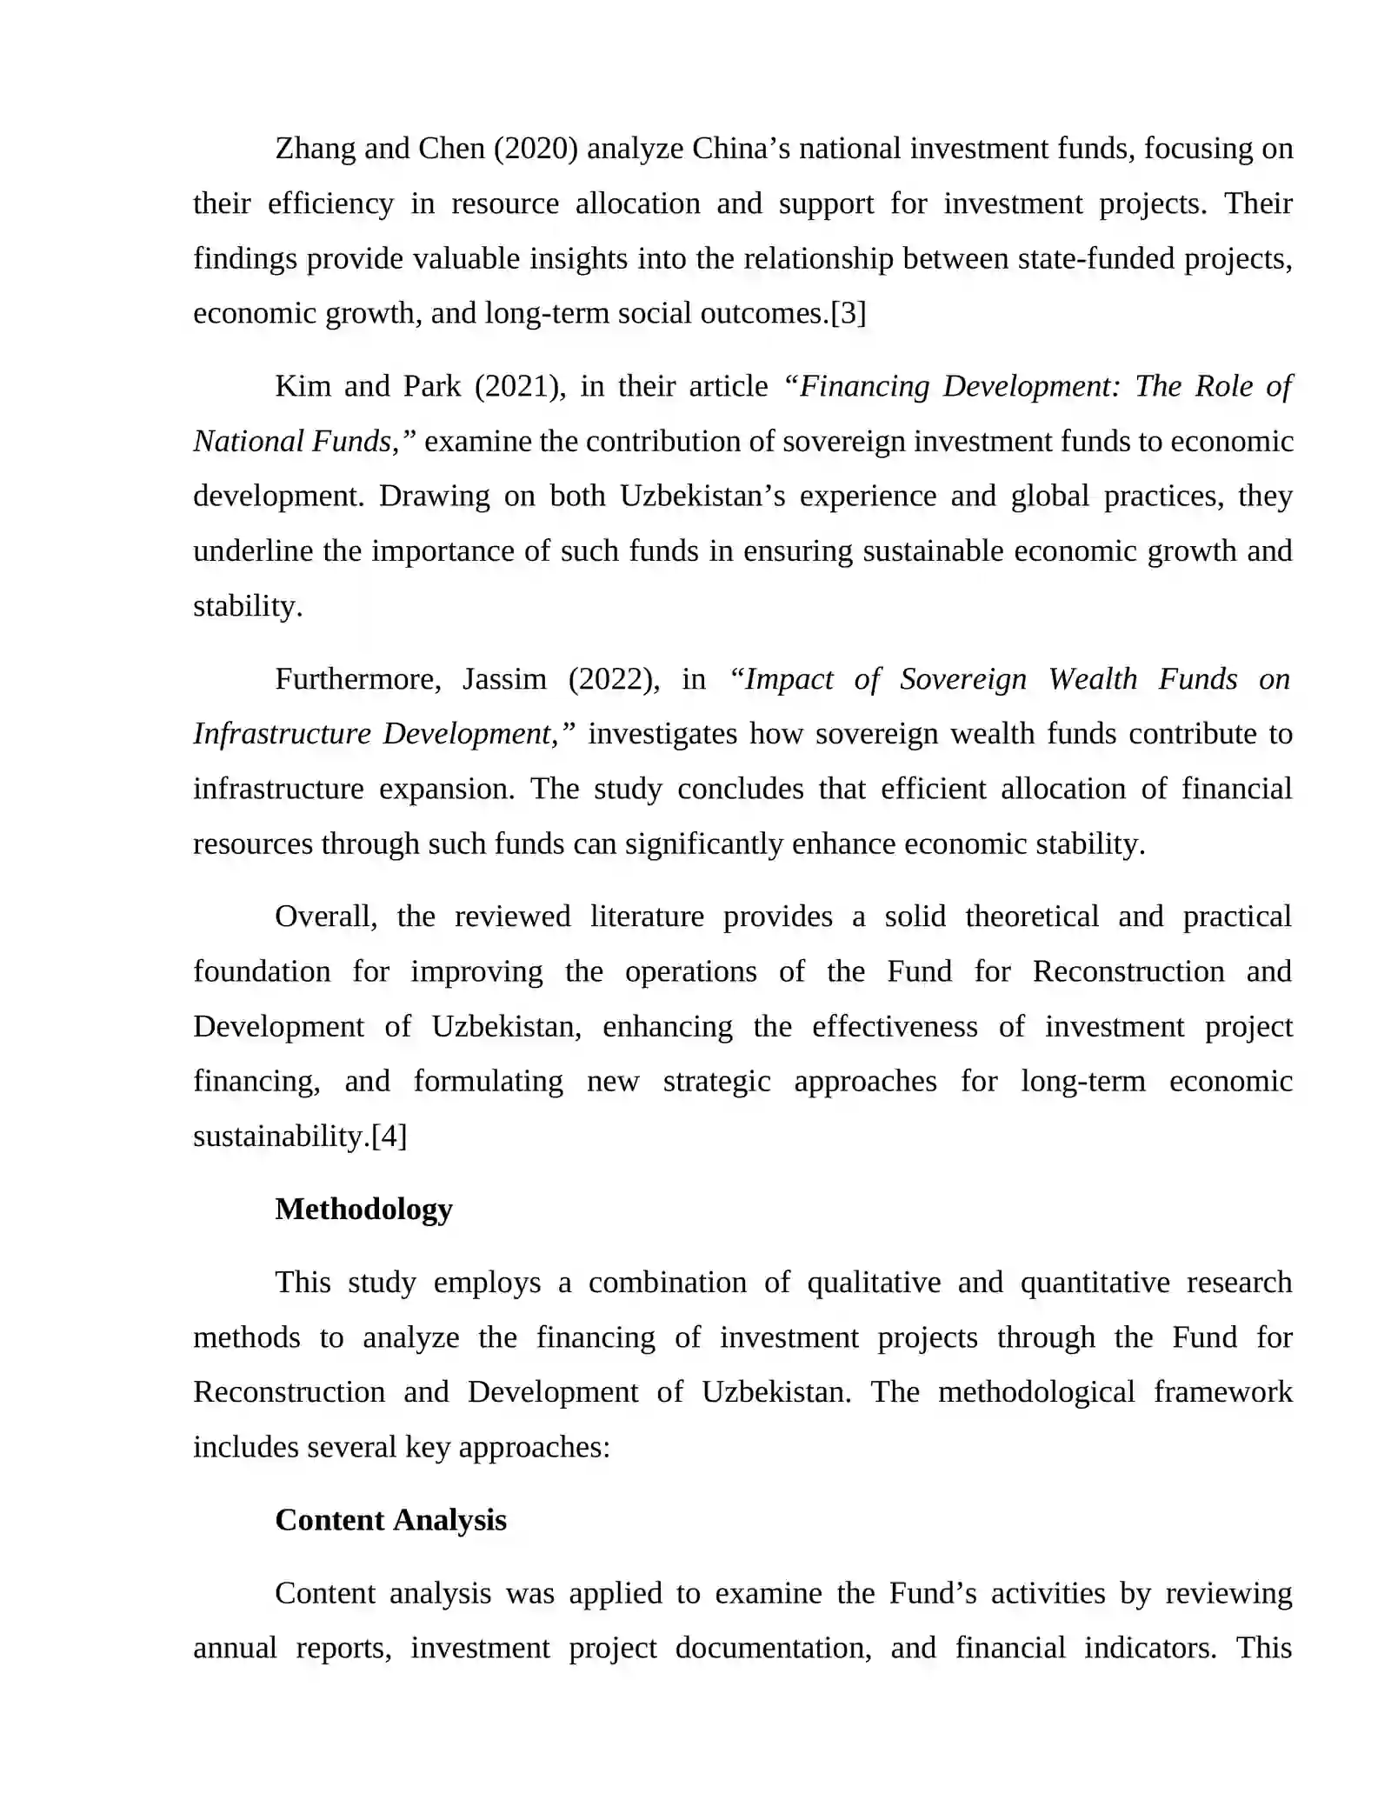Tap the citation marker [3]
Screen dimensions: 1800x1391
tap(849, 313)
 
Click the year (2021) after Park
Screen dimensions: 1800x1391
tap(520, 386)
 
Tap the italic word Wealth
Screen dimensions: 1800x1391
tap(1092, 679)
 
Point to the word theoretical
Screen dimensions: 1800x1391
tap(1032, 917)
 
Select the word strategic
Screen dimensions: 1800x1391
tap(716, 1081)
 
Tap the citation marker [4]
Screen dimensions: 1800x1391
tap(389, 1137)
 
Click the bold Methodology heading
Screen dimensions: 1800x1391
tap(363, 1210)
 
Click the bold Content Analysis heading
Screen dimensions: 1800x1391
tap(390, 1520)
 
